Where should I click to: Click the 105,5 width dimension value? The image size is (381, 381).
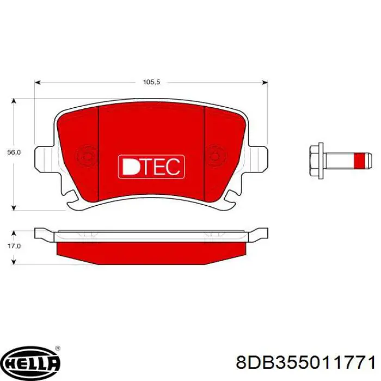[x=151, y=82]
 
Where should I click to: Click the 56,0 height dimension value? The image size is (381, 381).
[x=14, y=152]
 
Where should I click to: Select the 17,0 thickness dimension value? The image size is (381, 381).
[x=14, y=246]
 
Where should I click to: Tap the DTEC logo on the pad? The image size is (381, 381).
[x=151, y=167]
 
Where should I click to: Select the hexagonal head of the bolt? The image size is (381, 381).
[x=316, y=161]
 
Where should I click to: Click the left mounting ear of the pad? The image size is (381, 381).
[x=44, y=158]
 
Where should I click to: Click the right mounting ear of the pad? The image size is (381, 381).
[x=258, y=158]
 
